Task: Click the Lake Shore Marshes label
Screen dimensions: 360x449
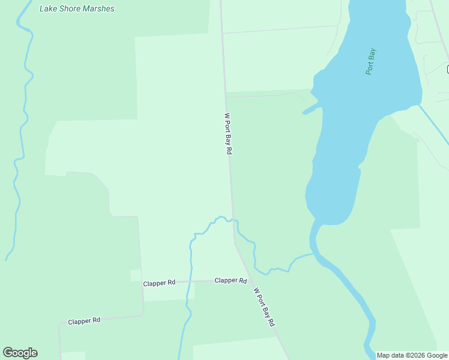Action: [76, 9]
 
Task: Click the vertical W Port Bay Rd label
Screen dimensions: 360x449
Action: [228, 133]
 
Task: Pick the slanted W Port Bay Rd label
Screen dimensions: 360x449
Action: [264, 306]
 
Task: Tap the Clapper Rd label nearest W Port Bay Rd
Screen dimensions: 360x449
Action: [231, 280]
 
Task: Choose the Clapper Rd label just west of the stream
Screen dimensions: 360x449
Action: [159, 282]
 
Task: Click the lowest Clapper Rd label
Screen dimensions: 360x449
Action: [84, 321]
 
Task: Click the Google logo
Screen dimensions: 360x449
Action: [20, 353]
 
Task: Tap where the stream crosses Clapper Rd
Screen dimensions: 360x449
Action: [188, 281]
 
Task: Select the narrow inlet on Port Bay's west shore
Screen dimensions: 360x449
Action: [310, 109]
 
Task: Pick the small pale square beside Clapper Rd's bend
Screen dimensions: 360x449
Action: [136, 275]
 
